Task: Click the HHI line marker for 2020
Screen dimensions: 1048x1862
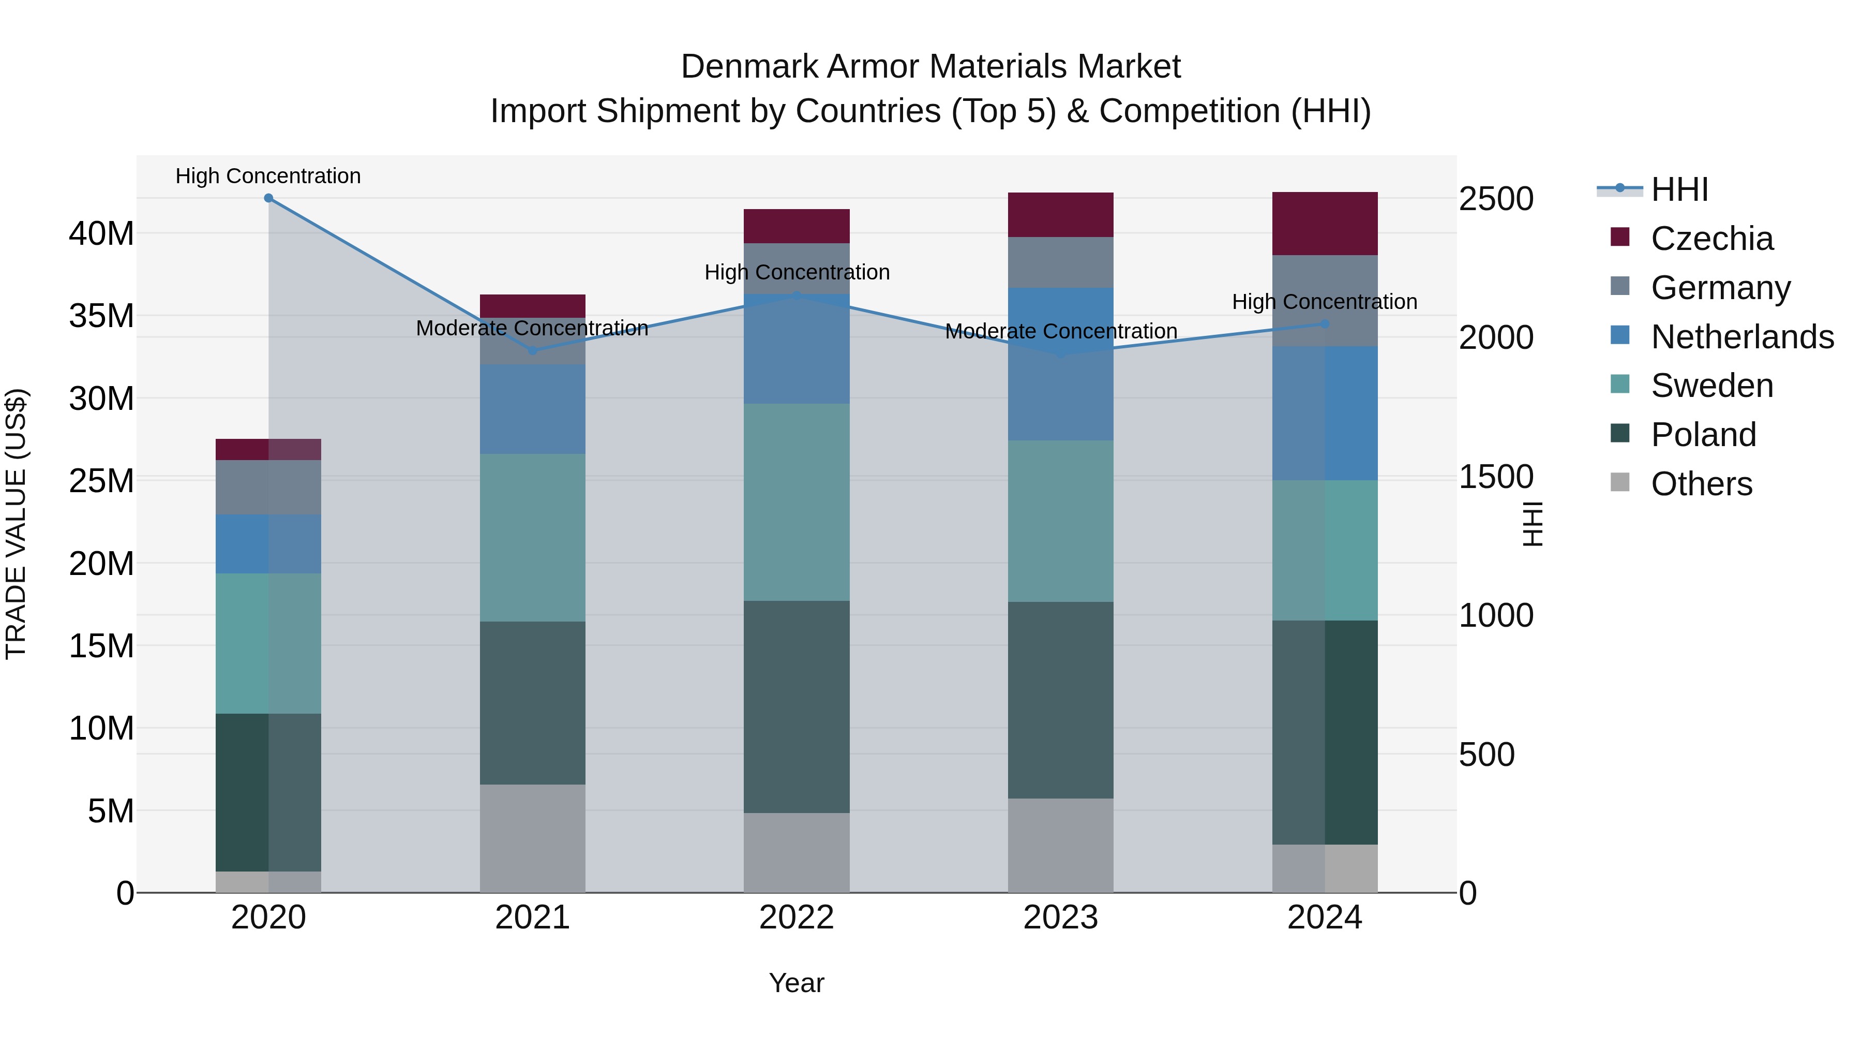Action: [268, 198]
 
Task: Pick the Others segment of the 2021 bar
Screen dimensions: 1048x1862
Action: [533, 838]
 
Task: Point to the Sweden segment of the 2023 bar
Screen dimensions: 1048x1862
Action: [1060, 521]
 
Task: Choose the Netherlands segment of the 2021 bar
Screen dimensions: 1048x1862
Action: [533, 409]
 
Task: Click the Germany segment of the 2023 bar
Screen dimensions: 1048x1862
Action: [1060, 262]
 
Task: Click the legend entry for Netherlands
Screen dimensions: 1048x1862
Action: [1742, 337]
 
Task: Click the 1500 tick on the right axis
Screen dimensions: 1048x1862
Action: [1495, 477]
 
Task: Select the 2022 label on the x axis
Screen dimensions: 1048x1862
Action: [797, 918]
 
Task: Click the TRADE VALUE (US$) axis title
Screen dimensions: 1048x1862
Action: [16, 524]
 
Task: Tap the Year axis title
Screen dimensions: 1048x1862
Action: [797, 983]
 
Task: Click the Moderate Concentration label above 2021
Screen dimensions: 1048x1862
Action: [532, 328]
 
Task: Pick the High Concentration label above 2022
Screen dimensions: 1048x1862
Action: [797, 273]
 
